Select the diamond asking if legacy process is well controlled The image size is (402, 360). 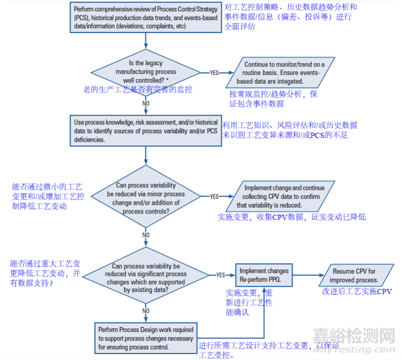146,72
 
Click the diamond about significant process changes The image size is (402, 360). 146,275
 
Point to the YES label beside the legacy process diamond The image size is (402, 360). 213,73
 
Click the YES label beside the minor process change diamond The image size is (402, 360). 214,197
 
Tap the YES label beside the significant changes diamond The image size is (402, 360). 220,275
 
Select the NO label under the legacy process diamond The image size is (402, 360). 146,103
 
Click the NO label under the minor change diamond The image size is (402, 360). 146,235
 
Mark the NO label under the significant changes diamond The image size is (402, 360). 146,309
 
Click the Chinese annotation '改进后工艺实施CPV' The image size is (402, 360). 357,291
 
